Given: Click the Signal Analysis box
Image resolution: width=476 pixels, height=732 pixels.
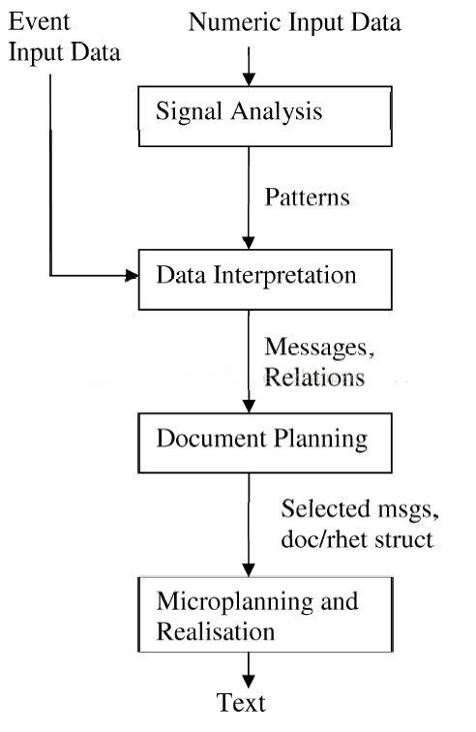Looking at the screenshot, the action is point(265,116).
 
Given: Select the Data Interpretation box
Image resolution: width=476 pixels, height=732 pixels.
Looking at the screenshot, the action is point(265,280).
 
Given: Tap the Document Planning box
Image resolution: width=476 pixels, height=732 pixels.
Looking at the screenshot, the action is point(265,442).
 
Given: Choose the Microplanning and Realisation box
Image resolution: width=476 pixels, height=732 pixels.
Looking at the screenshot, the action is point(265,614).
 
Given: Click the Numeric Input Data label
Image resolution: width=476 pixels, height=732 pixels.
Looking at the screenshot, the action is point(294,22).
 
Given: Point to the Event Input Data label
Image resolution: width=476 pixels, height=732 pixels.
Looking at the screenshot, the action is point(65,37).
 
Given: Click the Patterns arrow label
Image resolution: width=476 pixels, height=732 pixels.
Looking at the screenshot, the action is point(307,197).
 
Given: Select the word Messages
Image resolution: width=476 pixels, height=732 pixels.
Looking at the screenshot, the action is point(319,347).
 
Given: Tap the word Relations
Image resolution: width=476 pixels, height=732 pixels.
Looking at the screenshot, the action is point(314,377).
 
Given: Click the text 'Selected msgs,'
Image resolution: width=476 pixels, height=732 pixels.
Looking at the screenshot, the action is point(360,509).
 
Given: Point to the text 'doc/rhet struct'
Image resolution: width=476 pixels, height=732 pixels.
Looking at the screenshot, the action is point(357,539).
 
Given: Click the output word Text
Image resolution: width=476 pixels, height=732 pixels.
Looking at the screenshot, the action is point(241,703).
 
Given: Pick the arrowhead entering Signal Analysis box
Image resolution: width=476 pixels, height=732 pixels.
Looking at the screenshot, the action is point(249,79).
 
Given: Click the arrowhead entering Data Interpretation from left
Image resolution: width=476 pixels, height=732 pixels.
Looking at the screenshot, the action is point(132,275).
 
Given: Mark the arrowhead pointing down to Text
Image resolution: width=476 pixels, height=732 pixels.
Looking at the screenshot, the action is point(249,681).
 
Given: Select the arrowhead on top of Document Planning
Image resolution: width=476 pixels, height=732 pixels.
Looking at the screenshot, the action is point(249,406).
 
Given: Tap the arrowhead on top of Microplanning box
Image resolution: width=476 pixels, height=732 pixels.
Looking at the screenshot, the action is point(249,570).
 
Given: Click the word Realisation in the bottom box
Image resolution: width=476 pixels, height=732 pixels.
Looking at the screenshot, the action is point(215,631).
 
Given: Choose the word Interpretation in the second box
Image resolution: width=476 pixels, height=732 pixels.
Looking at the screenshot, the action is point(284,275).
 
